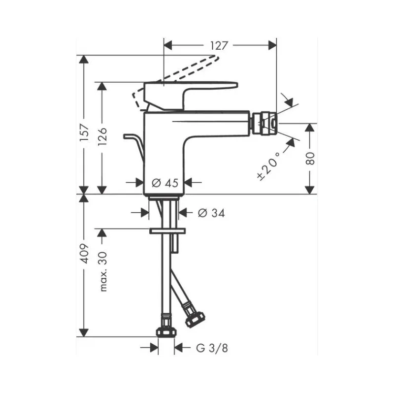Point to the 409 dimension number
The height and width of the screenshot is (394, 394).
84,253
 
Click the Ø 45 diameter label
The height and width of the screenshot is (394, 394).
164,183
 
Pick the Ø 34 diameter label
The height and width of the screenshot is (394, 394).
211,213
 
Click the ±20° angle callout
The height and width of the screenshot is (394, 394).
270,164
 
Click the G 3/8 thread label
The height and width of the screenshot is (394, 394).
212,348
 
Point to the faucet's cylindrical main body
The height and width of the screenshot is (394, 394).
164,153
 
